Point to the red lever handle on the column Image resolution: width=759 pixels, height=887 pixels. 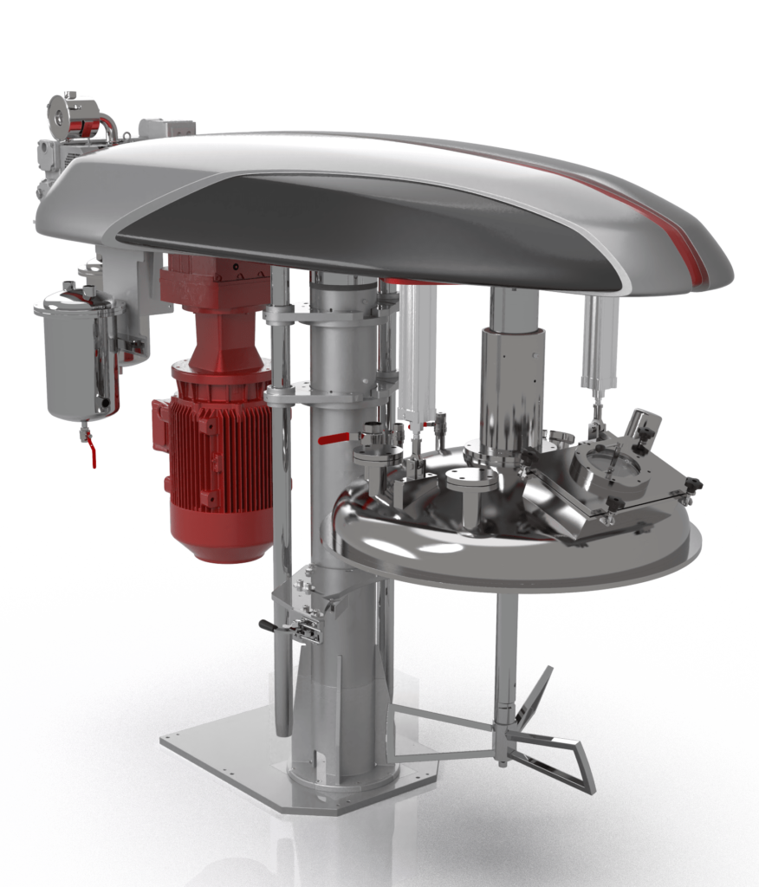(334, 439)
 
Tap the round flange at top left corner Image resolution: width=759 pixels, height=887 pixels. (62, 111)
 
